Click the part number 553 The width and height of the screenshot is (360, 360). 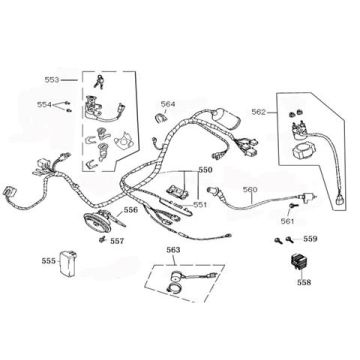pyautogui.click(x=53, y=78)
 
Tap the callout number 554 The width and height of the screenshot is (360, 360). pyautogui.click(x=44, y=104)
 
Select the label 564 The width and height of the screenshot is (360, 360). pyautogui.click(x=168, y=104)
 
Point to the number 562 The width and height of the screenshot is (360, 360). pyautogui.click(x=258, y=113)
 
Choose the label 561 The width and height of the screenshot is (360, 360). pyautogui.click(x=287, y=219)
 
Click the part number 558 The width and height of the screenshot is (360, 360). pyautogui.click(x=303, y=283)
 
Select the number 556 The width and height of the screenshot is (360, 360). pyautogui.click(x=130, y=211)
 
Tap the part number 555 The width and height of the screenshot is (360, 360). pyautogui.click(x=48, y=260)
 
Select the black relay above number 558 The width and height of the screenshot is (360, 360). pyautogui.click(x=297, y=263)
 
